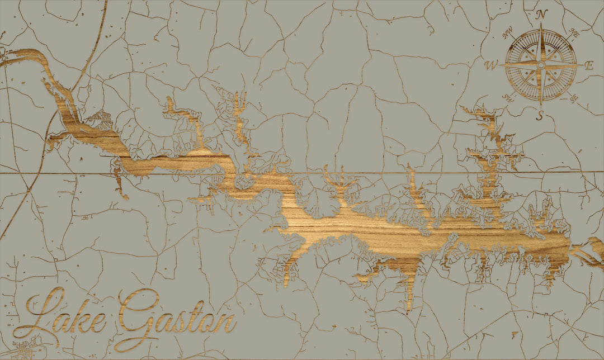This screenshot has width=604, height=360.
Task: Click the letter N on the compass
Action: click(x=541, y=15)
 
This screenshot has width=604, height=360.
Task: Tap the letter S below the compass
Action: click(x=540, y=116)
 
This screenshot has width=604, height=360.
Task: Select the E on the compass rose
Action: click(x=589, y=65)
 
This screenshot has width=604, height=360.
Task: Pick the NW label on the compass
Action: click(x=508, y=35)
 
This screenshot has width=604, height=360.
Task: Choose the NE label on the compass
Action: click(x=573, y=33)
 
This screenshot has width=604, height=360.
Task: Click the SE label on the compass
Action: click(x=574, y=100)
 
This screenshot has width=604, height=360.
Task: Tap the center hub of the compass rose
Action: click(x=540, y=65)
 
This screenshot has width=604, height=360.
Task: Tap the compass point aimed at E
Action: click(x=582, y=65)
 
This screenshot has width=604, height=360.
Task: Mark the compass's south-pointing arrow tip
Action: click(x=541, y=106)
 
